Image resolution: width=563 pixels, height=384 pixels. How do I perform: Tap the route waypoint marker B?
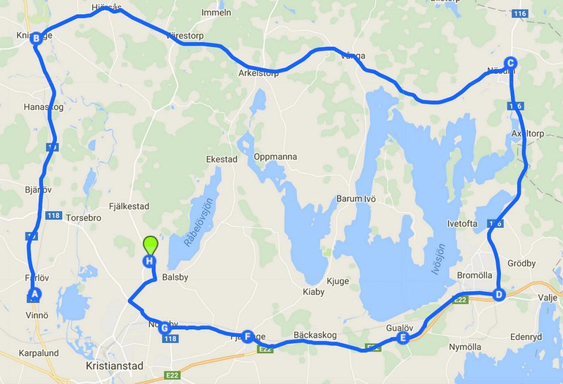tap(35, 39)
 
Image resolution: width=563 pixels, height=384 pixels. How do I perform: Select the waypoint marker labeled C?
tap(511, 63)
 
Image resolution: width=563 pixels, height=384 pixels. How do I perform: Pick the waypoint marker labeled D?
tap(498, 295)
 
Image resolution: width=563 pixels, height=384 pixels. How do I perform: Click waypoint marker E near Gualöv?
tap(403, 338)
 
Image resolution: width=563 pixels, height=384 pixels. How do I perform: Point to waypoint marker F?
tap(247, 337)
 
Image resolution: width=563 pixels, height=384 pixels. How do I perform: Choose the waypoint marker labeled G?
tap(165, 328)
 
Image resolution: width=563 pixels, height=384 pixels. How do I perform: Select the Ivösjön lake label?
tap(439, 261)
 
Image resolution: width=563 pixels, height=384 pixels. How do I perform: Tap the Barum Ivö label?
tap(356, 199)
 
